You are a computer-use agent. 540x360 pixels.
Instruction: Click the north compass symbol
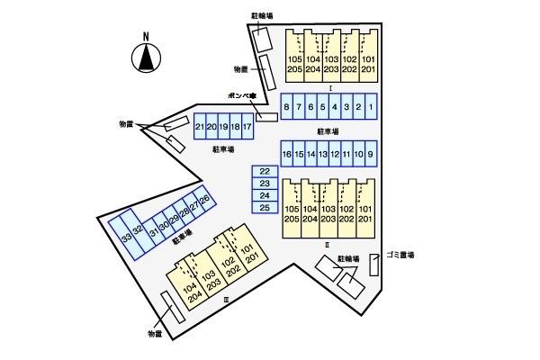click(x=145, y=59)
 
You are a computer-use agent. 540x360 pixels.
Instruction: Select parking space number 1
click(x=371, y=108)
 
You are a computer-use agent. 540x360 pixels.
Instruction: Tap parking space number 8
click(x=286, y=108)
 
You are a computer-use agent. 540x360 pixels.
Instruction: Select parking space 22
click(x=264, y=171)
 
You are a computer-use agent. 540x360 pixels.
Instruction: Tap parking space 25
click(x=264, y=208)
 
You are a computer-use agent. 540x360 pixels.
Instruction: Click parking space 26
click(x=205, y=199)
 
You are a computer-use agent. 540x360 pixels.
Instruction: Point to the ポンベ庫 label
click(x=241, y=94)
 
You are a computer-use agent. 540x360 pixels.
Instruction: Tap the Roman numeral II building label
click(x=328, y=244)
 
